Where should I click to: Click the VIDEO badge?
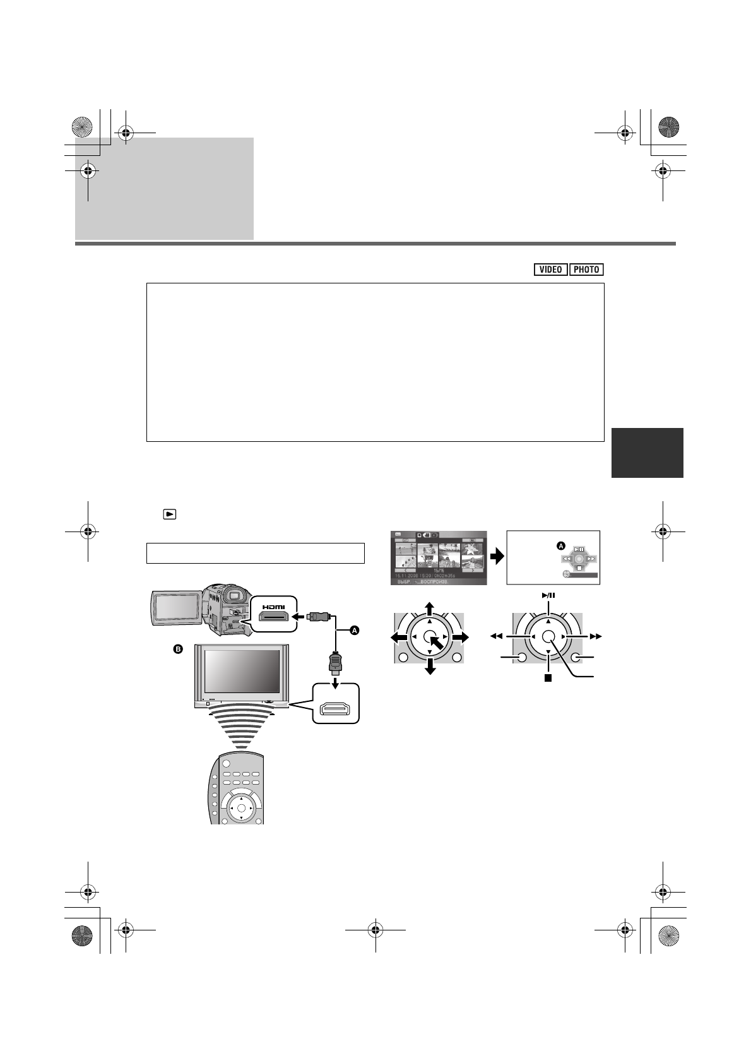pos(550,270)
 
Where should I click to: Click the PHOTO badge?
pos(586,270)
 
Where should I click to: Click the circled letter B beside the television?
pos(178,650)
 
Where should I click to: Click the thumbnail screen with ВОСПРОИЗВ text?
pos(439,558)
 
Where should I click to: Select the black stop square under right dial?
pos(548,679)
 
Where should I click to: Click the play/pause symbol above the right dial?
pos(548,595)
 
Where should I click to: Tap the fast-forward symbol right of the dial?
pos(596,637)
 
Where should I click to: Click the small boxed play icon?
pos(169,514)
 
